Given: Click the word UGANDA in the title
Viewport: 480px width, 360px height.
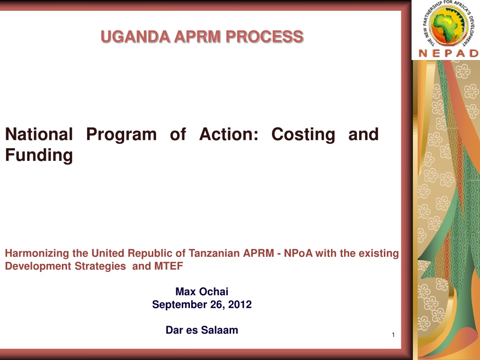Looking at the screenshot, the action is pos(135,37).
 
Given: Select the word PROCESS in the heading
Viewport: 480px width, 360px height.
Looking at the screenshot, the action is pos(264,37).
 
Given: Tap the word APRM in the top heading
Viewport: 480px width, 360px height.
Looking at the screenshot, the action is pos(197,37).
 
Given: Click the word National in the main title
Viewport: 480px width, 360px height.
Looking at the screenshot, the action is pos(39,134).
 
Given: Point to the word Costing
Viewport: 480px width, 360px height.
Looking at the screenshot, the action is pos(303,135).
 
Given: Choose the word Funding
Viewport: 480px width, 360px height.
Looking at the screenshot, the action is pos(39,155).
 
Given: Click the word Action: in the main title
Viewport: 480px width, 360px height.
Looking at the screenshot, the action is pos(229,134).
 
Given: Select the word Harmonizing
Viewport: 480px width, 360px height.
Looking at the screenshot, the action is pos(37,254).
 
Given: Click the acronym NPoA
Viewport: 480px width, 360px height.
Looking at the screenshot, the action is pos(298,253).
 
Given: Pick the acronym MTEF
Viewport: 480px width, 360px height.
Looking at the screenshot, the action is pos(169,266).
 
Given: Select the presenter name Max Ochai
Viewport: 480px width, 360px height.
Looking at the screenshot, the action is pos(202,292).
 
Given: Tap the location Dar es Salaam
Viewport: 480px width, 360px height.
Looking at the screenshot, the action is pos(202,330).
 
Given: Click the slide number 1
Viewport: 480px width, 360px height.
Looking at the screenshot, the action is pos(393,335).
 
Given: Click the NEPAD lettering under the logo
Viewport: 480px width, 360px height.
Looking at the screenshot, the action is pos(449,53).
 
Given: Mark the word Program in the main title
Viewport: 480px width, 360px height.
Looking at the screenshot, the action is pos(121,135).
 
